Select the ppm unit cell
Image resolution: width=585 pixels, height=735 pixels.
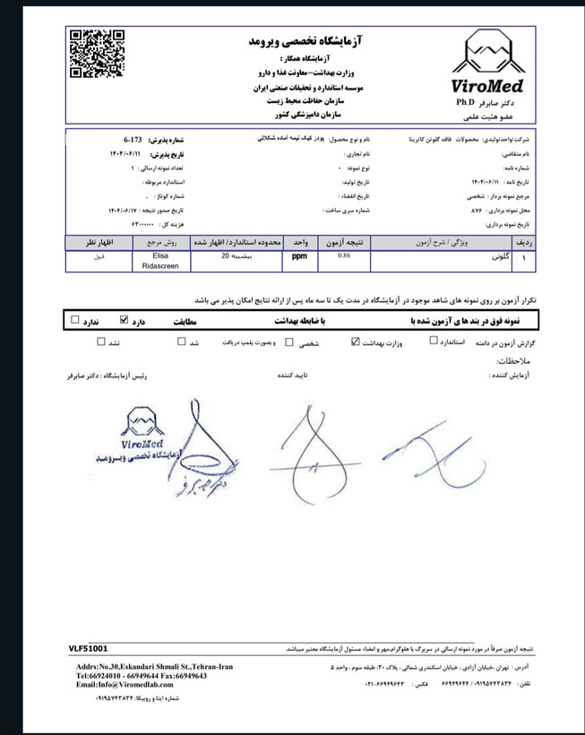click(295, 256)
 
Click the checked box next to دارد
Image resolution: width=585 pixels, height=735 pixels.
click(125, 318)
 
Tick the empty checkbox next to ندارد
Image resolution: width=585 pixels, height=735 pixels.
click(75, 318)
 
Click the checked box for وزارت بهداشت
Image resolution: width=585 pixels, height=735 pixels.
click(357, 342)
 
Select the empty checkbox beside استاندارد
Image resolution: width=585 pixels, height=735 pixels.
click(434, 342)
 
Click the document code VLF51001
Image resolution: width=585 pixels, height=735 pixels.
click(88, 647)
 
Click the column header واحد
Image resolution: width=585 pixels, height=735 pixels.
click(295, 243)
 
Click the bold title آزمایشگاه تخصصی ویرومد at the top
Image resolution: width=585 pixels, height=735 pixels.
click(323, 41)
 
